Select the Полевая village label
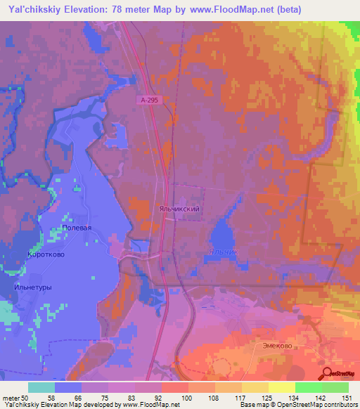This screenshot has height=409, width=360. click(x=77, y=228)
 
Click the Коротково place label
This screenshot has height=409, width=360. click(x=46, y=254)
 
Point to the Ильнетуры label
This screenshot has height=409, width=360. click(x=32, y=287)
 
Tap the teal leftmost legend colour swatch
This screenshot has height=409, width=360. click(x=41, y=387)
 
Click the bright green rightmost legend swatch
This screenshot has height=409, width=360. click(x=335, y=387)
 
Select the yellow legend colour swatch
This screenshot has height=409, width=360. click(x=281, y=387)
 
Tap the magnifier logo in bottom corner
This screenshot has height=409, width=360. click(x=328, y=374)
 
